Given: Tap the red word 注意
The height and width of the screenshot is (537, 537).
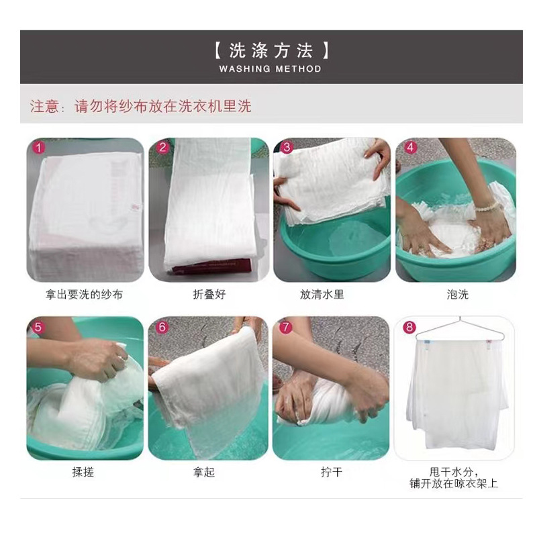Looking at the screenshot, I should click(x=44, y=106).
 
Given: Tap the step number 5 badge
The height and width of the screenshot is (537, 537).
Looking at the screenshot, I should click(x=38, y=328).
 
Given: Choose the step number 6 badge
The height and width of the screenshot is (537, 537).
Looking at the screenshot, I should click(x=162, y=328).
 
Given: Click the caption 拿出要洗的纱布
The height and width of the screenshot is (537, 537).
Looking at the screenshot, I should click(x=85, y=294).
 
